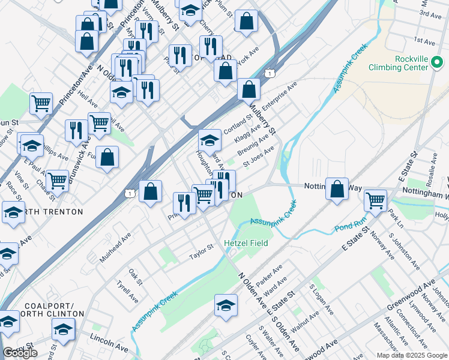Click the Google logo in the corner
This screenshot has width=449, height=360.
pos(20,353)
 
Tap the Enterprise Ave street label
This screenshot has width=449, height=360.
pos(280,95)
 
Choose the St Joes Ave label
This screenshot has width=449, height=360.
pos(258,157)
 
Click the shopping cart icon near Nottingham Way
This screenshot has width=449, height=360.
pos(375,200)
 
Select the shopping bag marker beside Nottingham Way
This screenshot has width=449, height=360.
pos(338,188)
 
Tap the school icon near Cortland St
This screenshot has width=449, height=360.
pos(209,140)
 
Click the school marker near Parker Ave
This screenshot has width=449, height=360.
pos(226,305)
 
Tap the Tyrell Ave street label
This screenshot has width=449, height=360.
pos(128,292)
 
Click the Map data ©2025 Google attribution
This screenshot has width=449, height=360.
pos(411,355)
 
